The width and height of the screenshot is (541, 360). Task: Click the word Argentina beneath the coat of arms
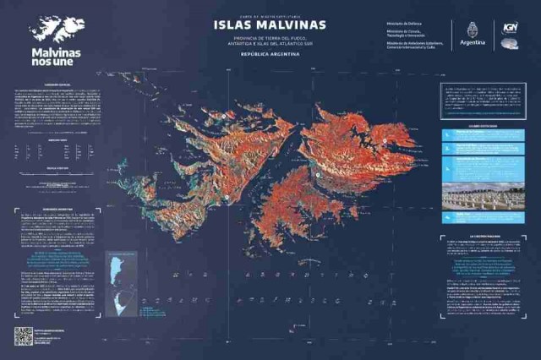click(473, 41)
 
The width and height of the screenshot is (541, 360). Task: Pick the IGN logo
click(510, 27)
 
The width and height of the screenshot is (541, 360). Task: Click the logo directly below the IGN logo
click(510, 44)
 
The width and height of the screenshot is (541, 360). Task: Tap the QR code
click(23, 335)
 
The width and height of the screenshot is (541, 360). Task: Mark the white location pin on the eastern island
click(385, 140)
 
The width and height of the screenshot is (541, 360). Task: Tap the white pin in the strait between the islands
click(317, 175)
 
